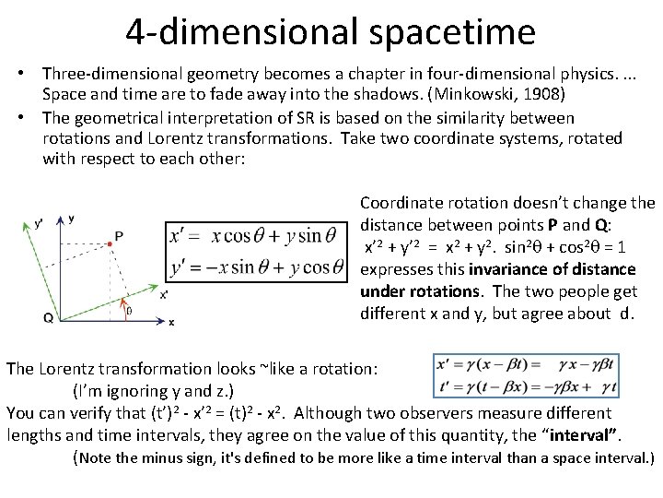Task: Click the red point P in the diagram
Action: pyautogui.click(x=109, y=241)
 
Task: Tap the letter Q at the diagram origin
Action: pyautogui.click(x=47, y=317)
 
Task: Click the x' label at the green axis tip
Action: pyautogui.click(x=163, y=295)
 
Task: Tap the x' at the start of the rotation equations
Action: pyautogui.click(x=180, y=235)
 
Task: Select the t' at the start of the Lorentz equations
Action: pyautogui.click(x=447, y=388)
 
